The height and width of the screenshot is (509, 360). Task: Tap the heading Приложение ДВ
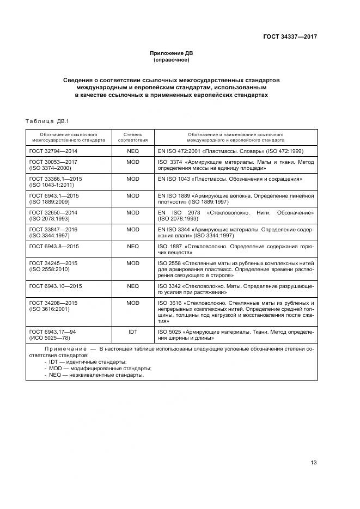click(172, 53)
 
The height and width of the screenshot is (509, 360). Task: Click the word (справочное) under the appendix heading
click(172, 60)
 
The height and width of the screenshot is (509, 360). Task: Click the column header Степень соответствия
click(132, 136)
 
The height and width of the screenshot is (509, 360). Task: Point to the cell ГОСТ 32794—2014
click(53, 151)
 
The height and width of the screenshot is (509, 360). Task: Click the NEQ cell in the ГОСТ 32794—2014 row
click(132, 151)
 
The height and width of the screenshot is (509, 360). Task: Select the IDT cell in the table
click(132, 332)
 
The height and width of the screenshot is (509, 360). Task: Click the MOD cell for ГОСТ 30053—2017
click(132, 162)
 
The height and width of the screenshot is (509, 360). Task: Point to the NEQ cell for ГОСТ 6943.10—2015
click(132, 286)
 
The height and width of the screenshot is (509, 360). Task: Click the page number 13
click(314, 463)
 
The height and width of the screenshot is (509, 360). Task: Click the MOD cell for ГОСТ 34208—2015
click(132, 303)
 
